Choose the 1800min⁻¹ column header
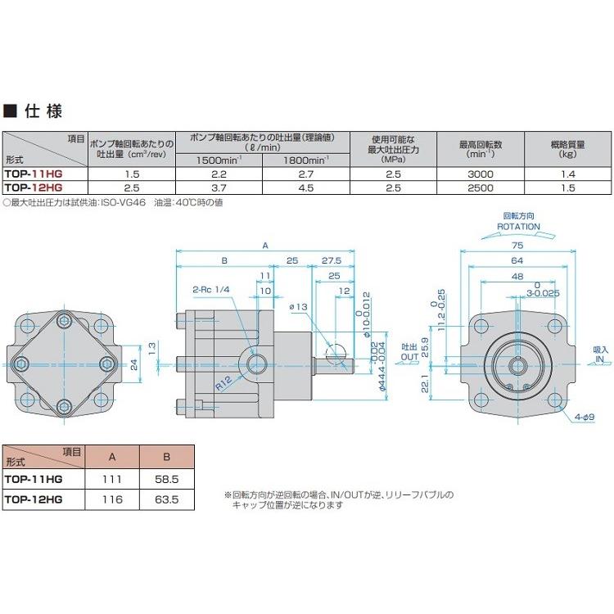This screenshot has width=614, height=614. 305,160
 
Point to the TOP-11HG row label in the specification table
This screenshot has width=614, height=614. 33,174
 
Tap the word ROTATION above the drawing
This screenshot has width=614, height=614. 517,227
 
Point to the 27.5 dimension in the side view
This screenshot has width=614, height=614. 332,260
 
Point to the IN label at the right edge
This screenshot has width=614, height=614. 599,359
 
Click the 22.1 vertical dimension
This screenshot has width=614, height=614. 425,382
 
